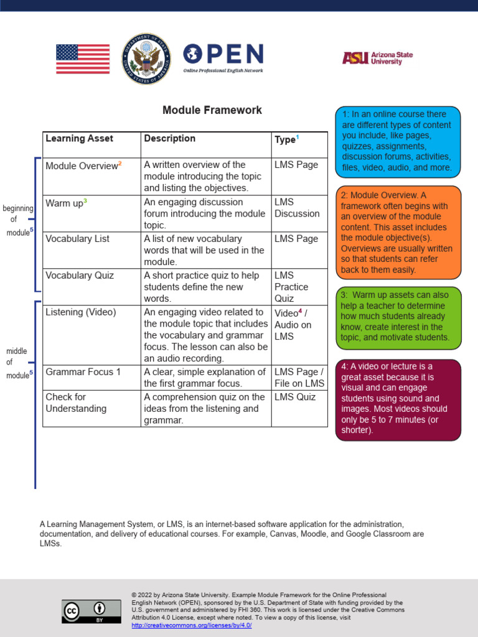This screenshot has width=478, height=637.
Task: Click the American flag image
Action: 83,59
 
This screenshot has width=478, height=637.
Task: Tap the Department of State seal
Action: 146,59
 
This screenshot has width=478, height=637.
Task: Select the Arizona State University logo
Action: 377,58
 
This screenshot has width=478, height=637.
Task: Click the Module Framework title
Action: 212,110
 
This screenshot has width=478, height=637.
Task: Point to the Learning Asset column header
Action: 79,139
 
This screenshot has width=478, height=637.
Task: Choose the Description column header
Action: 169,139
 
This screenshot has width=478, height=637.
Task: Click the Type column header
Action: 285,140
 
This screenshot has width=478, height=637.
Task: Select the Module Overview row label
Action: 82,165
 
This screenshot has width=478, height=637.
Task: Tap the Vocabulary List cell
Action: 77,239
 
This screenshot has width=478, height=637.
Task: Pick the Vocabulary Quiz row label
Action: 80,276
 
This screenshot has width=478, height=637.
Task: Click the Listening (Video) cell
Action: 81,312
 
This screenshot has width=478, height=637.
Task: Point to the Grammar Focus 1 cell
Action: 83,372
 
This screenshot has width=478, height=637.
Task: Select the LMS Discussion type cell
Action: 297,208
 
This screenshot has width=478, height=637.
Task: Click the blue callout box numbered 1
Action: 398,141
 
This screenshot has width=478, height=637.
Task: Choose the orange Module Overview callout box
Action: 398,233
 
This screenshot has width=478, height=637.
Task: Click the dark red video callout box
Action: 398,399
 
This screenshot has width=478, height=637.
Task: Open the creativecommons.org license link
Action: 192,625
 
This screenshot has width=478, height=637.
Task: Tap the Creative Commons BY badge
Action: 91,611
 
